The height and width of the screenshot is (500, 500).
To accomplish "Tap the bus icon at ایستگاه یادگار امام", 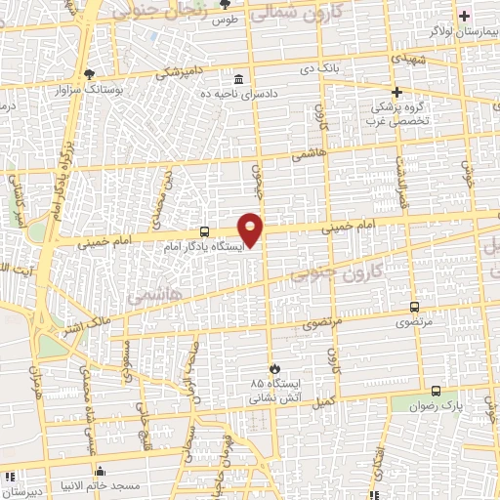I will click(204, 232).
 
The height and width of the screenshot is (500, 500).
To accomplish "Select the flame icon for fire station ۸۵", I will click(275, 368).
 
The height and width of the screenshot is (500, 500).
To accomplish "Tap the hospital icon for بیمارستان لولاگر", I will click(464, 16).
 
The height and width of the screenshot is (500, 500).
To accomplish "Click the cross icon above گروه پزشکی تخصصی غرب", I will click(396, 92).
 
